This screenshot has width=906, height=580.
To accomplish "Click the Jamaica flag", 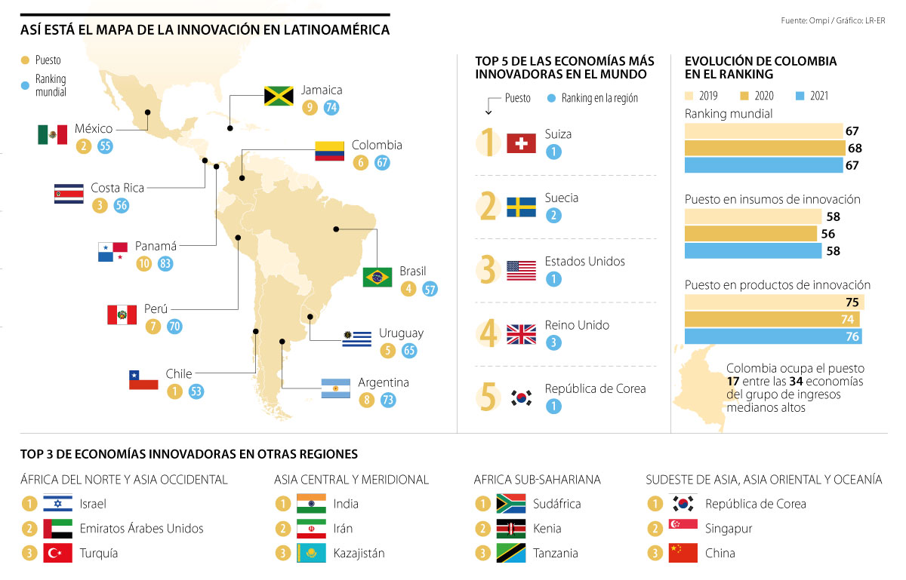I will pos(278,96).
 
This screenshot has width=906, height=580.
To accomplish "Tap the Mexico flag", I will pos(52,134).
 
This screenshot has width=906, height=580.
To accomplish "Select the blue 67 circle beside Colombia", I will pos(382,162).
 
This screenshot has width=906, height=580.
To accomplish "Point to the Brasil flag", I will pos(377,277).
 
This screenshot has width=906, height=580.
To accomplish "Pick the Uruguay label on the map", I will pos(401,333).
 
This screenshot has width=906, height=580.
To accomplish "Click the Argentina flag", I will pos(335,388).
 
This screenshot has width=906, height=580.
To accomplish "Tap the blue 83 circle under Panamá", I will pos(165,263).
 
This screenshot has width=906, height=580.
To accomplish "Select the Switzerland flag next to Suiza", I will pos(521,143).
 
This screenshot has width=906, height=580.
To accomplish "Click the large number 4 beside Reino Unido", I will pos(490,334).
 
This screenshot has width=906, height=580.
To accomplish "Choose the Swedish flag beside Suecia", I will pos(521,207).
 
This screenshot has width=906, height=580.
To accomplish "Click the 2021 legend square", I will pos(801,97).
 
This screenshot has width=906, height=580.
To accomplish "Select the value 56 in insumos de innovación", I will pos(828,234).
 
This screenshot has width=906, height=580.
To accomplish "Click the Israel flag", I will pos(57,504).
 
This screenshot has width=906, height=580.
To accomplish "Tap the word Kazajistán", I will pos(359,553).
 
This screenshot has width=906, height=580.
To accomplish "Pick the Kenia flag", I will pos(510,529).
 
